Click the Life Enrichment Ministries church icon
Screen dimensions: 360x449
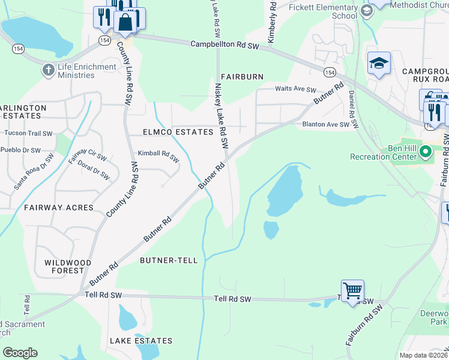[48, 70]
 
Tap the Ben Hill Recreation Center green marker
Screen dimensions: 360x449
[426, 151]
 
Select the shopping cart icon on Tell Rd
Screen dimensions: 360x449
[352, 292]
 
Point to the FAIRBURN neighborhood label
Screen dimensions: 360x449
[242, 77]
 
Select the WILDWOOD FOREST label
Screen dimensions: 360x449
[68, 267]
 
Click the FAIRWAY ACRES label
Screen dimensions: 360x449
[59, 208]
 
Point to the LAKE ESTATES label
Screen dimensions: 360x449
[140, 341]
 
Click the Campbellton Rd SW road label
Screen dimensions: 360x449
[224, 45]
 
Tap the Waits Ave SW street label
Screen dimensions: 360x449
[295, 89]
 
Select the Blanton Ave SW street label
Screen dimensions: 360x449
[325, 125]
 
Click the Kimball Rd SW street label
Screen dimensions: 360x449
[158, 156]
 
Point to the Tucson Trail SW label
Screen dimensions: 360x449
[28, 133]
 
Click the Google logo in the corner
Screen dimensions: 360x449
[20, 353]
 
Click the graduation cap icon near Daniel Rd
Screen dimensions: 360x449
[379, 63]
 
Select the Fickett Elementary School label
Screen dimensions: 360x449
[323, 11]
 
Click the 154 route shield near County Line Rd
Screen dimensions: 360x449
[105, 40]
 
